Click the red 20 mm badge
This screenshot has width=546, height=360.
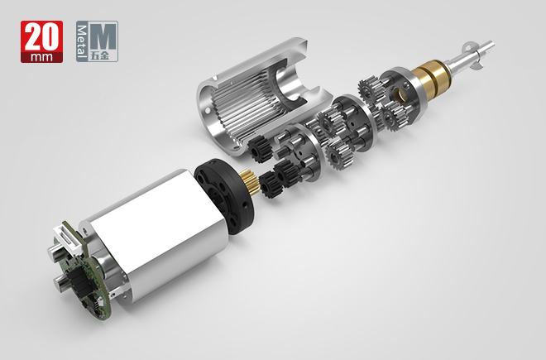(42, 41)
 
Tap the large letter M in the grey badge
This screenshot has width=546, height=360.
(103, 37)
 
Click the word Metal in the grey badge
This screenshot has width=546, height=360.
(82, 41)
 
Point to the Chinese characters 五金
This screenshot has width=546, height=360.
(99, 55)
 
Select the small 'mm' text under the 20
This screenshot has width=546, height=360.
(42, 57)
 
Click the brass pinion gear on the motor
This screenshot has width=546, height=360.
(251, 180)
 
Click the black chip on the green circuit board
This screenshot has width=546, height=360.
(77, 279)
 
